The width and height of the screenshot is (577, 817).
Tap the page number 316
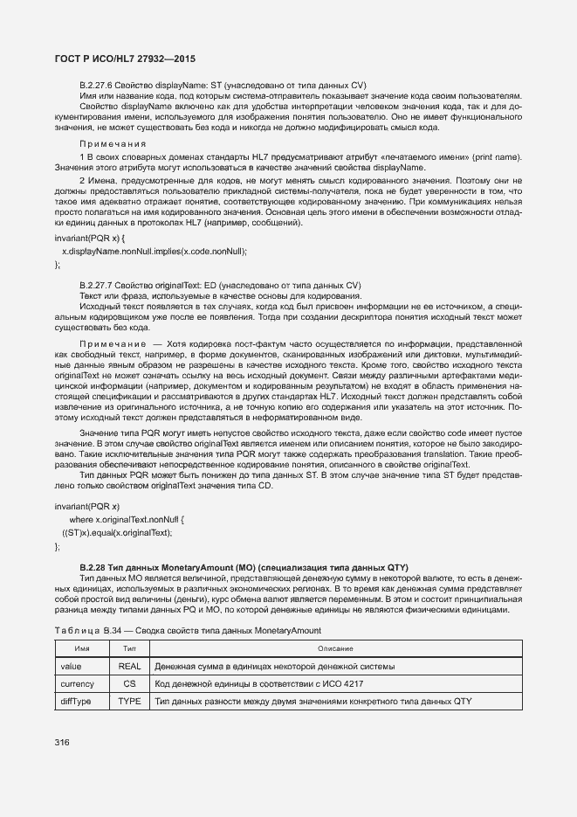pyautogui.click(x=62, y=743)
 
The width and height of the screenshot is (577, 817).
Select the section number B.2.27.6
pyautogui.click(x=98, y=85)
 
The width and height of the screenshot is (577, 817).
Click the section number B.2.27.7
pyautogui.click(x=98, y=286)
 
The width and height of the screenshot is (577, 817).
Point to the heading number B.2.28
pyautogui.click(x=95, y=567)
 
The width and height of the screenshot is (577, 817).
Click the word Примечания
pyautogui.click(x=113, y=143)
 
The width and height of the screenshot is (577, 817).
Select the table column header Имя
pyautogui.click(x=82, y=648)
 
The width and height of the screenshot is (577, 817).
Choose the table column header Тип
pyautogui.click(x=129, y=648)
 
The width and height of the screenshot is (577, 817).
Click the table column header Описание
pyautogui.click(x=335, y=648)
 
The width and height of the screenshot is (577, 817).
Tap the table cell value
pyautogui.click(x=71, y=666)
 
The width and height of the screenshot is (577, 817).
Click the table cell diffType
pyautogui.click(x=75, y=701)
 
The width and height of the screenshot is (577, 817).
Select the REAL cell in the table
pyautogui.click(x=129, y=666)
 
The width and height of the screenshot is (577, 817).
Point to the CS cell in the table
pyautogui.click(x=129, y=683)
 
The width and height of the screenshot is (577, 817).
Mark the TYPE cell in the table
pyautogui.click(x=129, y=701)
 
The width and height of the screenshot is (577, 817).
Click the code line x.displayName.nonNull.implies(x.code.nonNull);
pyautogui.click(x=155, y=251)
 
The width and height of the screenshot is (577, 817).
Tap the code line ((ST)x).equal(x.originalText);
pyautogui.click(x=117, y=532)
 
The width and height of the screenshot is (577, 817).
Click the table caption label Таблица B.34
pyautogui.click(x=86, y=630)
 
